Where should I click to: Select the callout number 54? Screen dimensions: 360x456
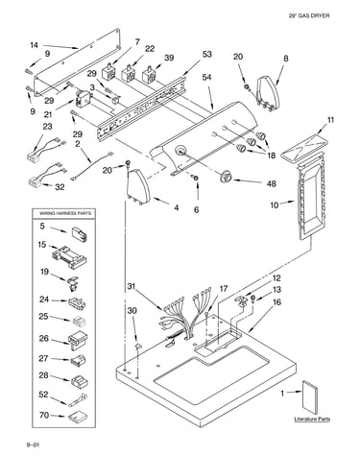point(206,78)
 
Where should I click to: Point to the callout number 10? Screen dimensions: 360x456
point(275,204)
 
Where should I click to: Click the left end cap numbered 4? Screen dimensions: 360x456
point(138,186)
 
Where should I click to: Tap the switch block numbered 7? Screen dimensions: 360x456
point(108,73)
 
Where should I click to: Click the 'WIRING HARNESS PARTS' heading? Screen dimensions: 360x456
point(65,213)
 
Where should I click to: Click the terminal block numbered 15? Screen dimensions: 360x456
point(69,256)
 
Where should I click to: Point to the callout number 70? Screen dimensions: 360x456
point(44,416)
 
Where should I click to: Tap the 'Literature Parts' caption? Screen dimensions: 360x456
point(312,420)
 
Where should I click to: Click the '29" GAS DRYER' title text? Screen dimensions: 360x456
point(309,15)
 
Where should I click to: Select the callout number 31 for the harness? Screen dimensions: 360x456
point(132,286)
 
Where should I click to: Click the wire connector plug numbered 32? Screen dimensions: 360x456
point(35,182)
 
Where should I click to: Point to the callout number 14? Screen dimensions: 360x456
point(35,45)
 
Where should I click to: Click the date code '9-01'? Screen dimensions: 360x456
point(33,444)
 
